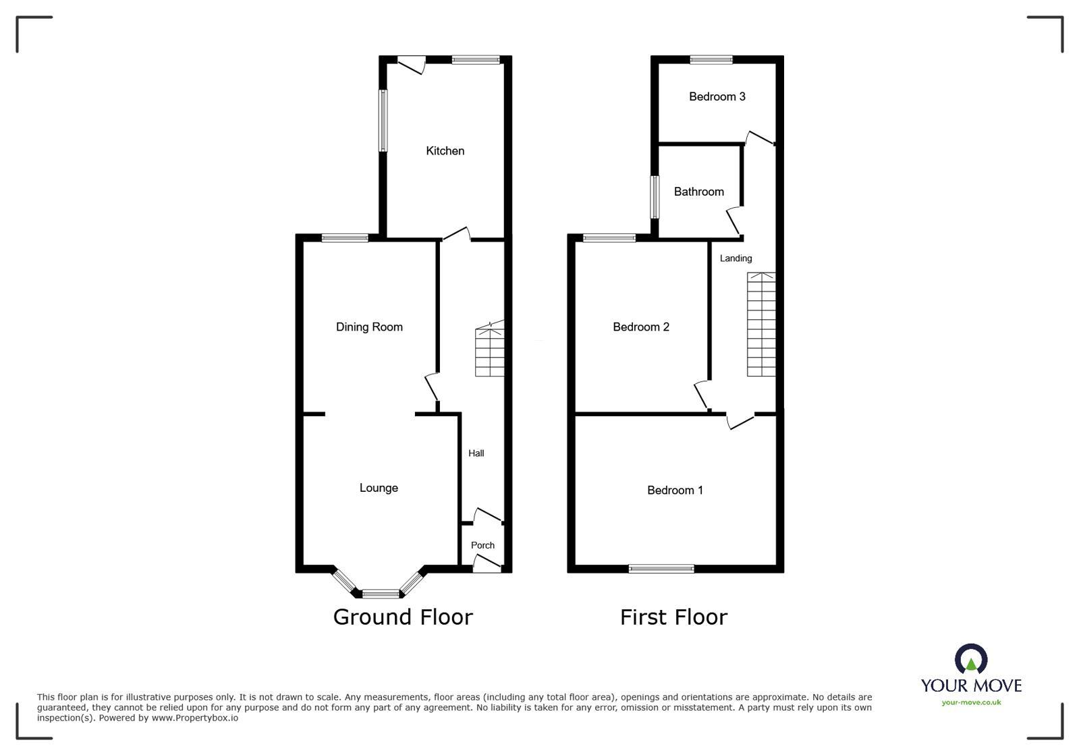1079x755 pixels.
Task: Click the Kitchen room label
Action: [445, 150]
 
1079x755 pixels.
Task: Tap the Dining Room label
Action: [369, 327]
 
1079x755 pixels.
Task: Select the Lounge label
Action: [379, 488]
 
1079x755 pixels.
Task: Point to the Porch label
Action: [482, 545]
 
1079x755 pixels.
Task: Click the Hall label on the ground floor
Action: [476, 453]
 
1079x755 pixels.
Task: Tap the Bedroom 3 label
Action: [717, 96]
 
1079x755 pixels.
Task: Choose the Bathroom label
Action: [698, 192]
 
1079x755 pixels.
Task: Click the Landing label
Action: [736, 258]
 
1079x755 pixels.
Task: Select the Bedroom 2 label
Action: [640, 327]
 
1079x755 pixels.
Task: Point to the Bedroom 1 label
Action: [675, 491]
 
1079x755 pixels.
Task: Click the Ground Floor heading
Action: [403, 617]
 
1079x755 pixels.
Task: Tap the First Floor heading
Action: [673, 617]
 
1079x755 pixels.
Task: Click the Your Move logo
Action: [971, 675]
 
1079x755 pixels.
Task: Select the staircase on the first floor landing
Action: [761, 325]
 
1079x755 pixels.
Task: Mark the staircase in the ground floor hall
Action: [490, 351]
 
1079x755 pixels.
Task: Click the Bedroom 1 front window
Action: [661, 569]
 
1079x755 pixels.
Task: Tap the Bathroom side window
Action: [654, 197]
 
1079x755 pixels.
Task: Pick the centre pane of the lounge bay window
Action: [381, 594]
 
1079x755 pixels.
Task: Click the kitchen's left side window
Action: [383, 120]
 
